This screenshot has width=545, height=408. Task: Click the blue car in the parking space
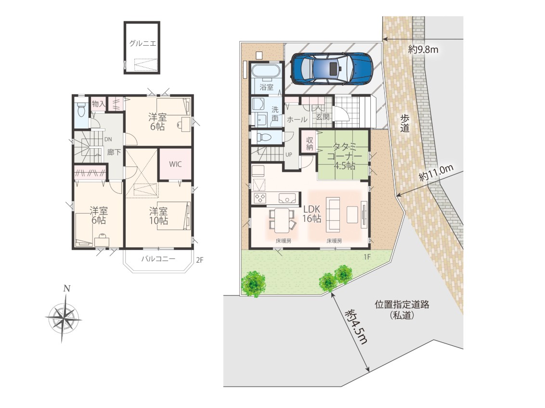click(x=331, y=68)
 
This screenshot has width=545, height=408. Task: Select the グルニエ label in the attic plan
click(x=143, y=43)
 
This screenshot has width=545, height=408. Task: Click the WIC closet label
click(x=175, y=164)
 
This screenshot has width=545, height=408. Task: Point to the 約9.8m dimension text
click(x=423, y=50)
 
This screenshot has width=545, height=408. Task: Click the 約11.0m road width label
click(x=436, y=173)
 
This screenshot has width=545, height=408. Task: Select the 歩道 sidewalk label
click(x=404, y=123)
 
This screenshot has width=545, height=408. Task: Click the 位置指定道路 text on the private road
click(x=402, y=305)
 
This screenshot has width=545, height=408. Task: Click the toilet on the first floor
click(x=264, y=137)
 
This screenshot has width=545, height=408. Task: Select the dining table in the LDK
click(x=282, y=220)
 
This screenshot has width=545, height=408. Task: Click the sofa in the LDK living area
click(x=333, y=214)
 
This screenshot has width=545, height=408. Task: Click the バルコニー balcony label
click(x=158, y=259)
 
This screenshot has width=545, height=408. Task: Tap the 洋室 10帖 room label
click(x=158, y=216)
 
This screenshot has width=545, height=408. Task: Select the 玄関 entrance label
click(x=322, y=117)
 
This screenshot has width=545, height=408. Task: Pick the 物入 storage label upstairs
click(x=98, y=103)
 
